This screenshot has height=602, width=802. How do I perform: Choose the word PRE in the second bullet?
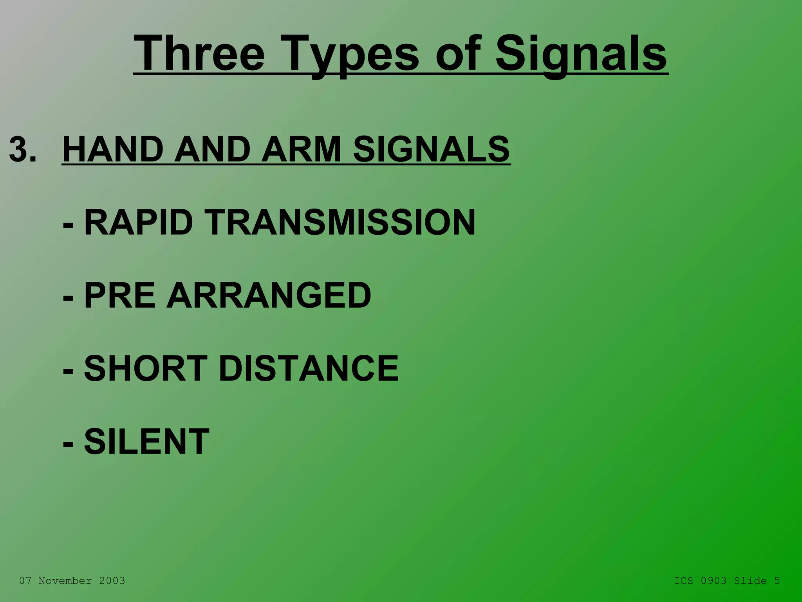tap(120, 296)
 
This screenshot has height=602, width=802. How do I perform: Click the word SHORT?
tap(146, 368)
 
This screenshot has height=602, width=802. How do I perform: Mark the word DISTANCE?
tap(309, 368)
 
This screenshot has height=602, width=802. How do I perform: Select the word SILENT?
tap(147, 441)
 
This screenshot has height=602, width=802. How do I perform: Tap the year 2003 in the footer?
tap(112, 581)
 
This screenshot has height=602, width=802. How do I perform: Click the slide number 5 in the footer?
tap(777, 581)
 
